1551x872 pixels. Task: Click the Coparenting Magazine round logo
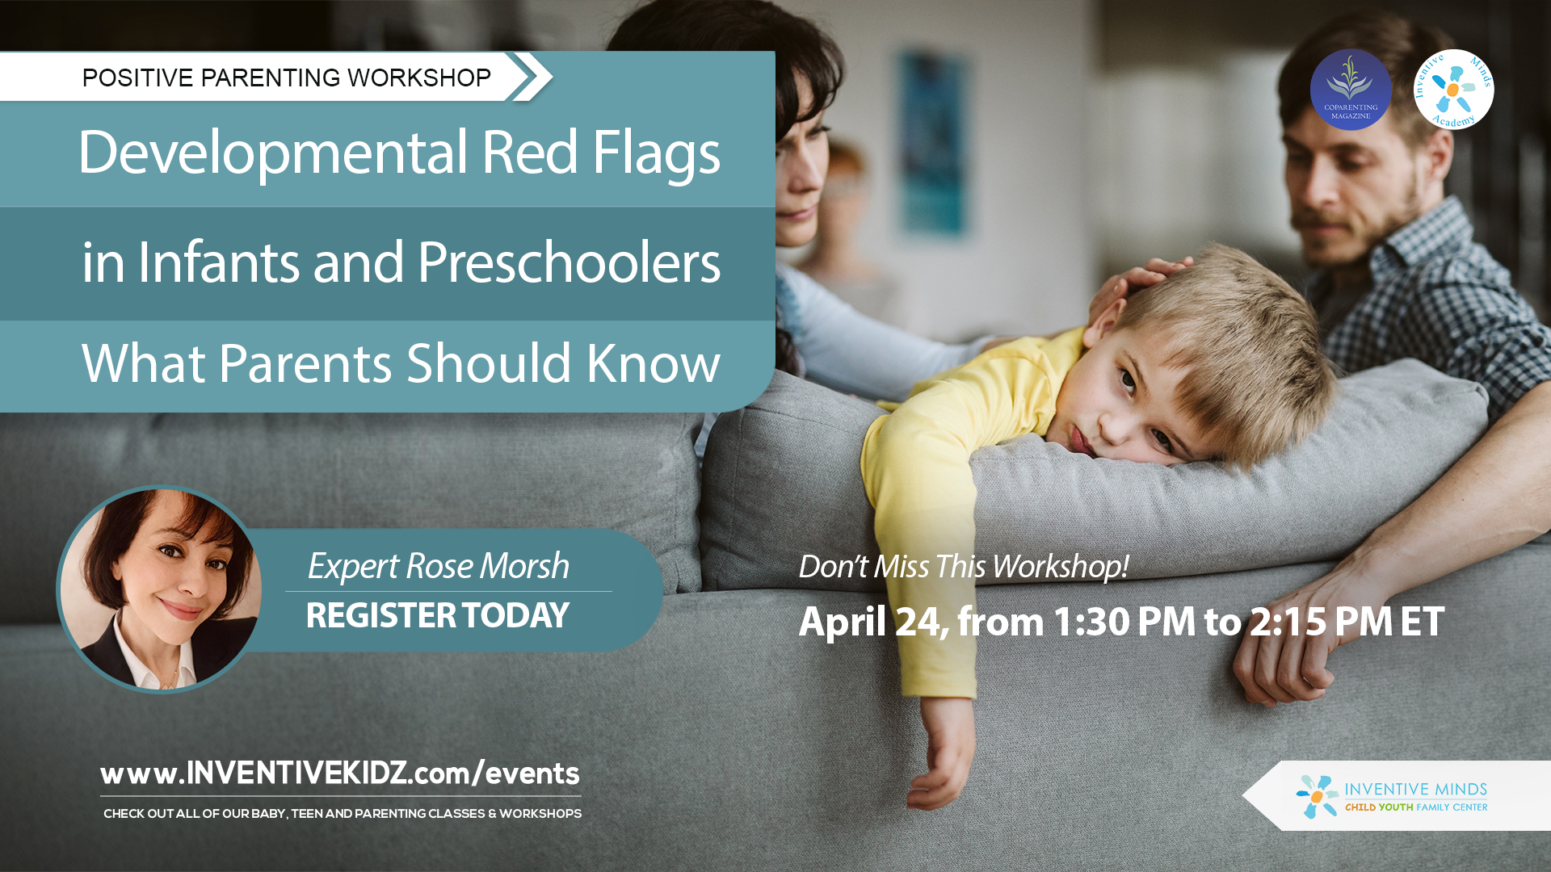(1350, 89)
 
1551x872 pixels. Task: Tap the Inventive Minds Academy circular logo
(1453, 89)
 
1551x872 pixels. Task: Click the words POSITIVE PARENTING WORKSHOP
(286, 78)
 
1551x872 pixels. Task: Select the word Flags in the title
(656, 153)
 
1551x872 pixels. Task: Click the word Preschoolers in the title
(569, 263)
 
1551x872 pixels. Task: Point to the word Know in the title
(653, 363)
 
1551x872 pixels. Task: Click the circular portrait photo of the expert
(161, 589)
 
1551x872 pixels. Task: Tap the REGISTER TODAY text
(437, 616)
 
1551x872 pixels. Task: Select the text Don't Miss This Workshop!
(963, 567)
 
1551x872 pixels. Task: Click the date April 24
(872, 622)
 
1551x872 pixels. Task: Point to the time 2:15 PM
(1320, 622)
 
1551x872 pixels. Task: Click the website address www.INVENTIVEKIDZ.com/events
(339, 773)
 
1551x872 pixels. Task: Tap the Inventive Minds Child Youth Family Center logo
(1393, 796)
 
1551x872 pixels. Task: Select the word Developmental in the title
(273, 153)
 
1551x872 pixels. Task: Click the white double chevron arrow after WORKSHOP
(532, 78)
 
